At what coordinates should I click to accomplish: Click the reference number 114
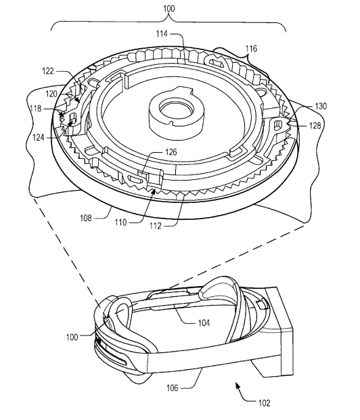click(162, 34)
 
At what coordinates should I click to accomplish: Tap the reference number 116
click(251, 49)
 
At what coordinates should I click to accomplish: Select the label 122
click(48, 71)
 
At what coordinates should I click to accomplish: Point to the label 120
click(51, 94)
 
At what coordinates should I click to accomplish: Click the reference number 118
click(36, 108)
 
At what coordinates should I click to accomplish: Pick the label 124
click(39, 138)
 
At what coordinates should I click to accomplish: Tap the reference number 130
click(321, 106)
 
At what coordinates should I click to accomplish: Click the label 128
click(315, 125)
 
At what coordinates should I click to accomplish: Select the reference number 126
click(171, 152)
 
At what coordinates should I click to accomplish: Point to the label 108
click(86, 218)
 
